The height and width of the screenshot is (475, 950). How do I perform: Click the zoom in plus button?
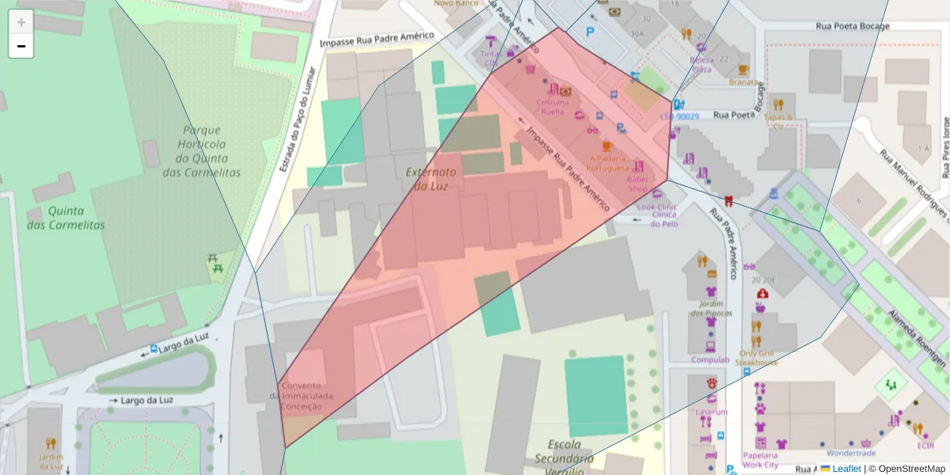pos(21,22)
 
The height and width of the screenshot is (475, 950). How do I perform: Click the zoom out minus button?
pos(21,47)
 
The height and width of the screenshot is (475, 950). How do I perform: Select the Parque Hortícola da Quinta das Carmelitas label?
pos(202,151)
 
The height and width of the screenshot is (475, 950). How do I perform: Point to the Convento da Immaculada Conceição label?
pos(306,395)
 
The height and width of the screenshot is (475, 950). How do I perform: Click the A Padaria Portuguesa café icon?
pos(607,146)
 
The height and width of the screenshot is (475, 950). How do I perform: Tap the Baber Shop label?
pos(637,184)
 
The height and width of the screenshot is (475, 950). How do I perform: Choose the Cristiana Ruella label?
pos(553,106)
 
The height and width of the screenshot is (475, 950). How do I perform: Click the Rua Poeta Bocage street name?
pos(853,26)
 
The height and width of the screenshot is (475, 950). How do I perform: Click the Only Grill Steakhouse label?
pos(756,358)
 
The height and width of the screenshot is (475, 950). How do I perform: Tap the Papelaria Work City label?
pos(760,460)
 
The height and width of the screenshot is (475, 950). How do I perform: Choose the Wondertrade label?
pos(850,454)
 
